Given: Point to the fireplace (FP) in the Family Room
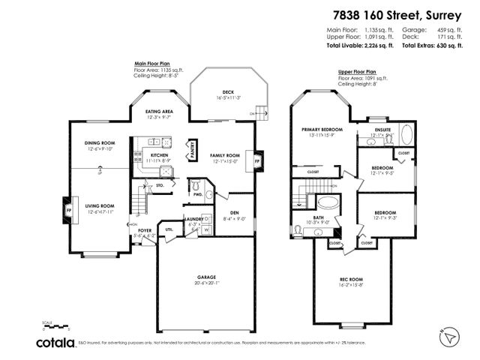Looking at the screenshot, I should point(257,160).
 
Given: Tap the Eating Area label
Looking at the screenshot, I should point(159,111).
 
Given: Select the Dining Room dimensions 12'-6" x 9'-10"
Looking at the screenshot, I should point(100,148).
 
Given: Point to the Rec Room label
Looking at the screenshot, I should point(351,280).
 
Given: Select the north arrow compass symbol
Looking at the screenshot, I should point(448,338).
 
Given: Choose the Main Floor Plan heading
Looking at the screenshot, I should point(151,64).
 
